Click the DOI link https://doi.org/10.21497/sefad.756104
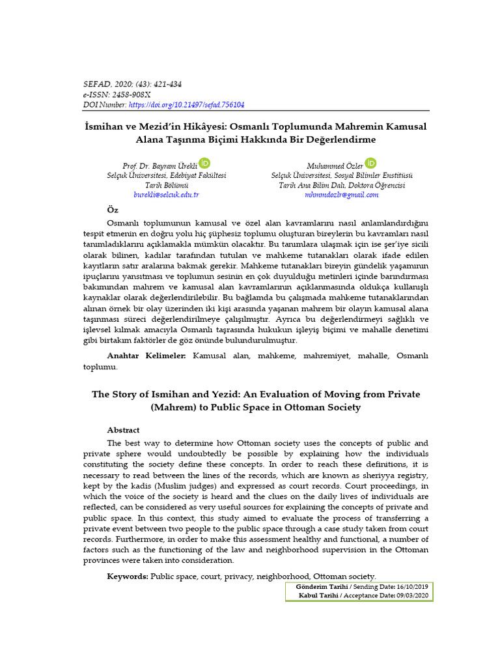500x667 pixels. click(186, 104)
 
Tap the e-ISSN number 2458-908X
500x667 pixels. click(134, 94)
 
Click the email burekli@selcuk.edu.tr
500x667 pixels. click(166, 195)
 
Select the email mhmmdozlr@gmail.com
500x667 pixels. click(341, 195)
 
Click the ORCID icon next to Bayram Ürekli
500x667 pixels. click(204, 163)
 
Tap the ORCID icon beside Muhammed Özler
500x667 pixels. click(371, 163)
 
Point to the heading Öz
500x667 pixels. click(113, 209)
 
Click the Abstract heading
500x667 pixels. click(123, 430)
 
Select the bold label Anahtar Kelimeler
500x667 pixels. click(146, 356)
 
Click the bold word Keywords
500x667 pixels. click(128, 576)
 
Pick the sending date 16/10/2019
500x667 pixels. click(411, 587)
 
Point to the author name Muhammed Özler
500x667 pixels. click(335, 166)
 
